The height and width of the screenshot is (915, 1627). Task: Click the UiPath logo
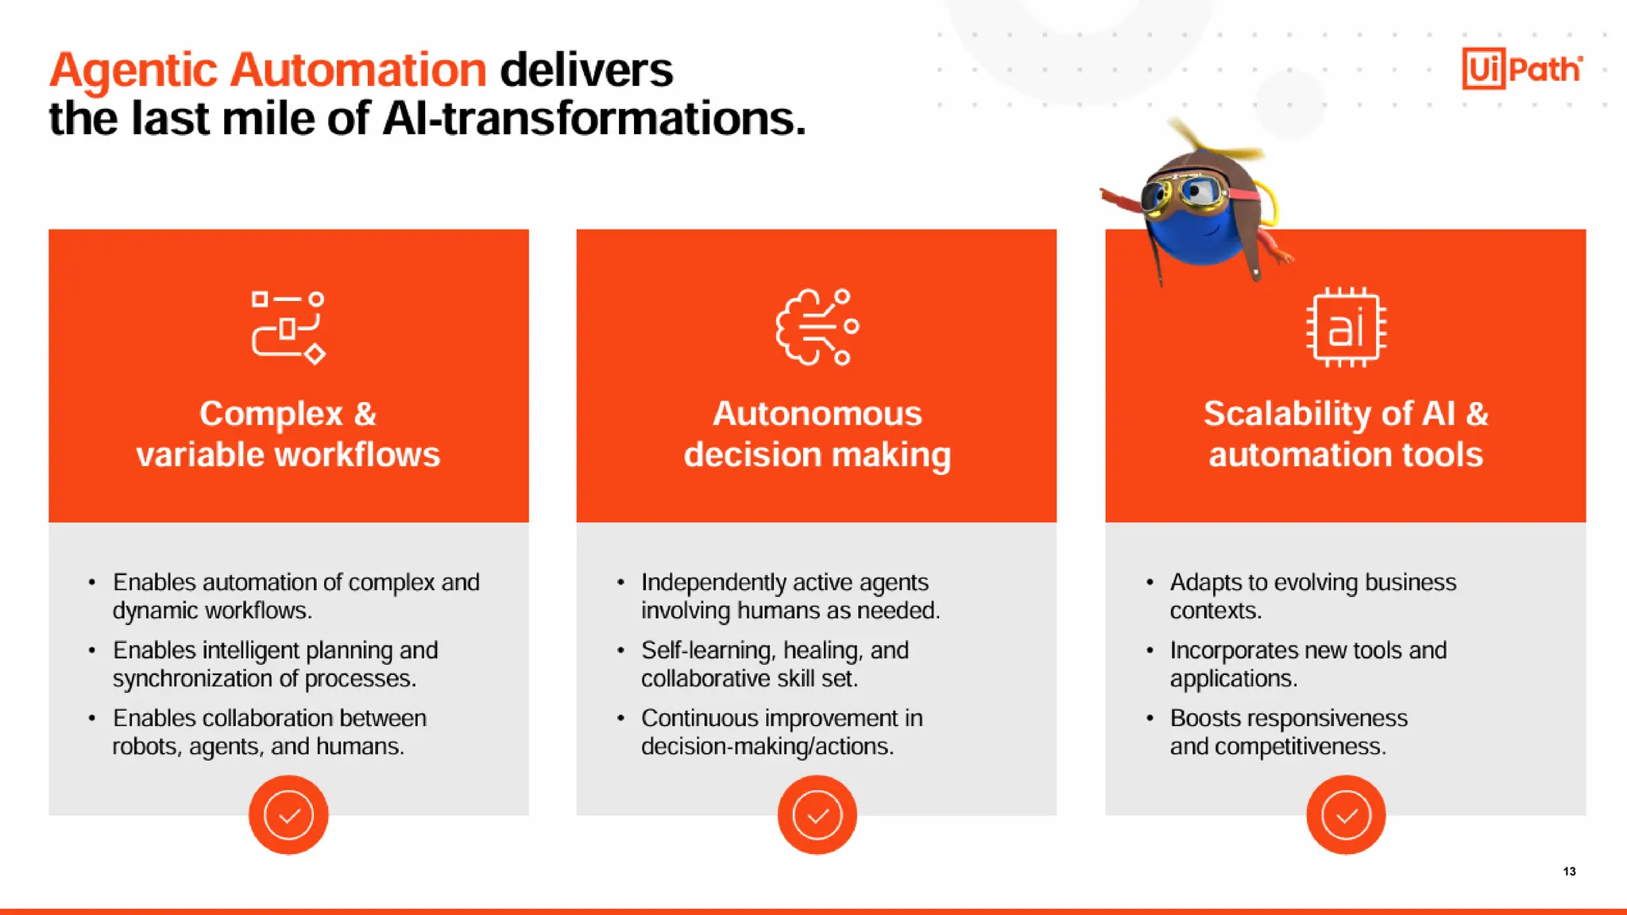(x=1521, y=69)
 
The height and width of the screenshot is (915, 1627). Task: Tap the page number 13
(x=1569, y=871)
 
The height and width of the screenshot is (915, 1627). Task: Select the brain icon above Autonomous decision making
(x=817, y=326)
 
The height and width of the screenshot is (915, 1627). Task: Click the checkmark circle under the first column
(x=288, y=815)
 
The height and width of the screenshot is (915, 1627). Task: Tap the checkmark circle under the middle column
(x=817, y=815)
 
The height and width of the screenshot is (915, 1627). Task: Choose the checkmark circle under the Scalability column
(x=1346, y=815)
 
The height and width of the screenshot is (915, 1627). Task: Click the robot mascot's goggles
(x=1184, y=193)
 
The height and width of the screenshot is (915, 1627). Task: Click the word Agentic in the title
(x=133, y=70)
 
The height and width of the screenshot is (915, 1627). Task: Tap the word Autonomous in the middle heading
(x=817, y=414)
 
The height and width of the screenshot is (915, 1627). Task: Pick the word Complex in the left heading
(x=271, y=414)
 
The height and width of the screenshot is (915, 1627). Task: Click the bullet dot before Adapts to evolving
(x=1150, y=582)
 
